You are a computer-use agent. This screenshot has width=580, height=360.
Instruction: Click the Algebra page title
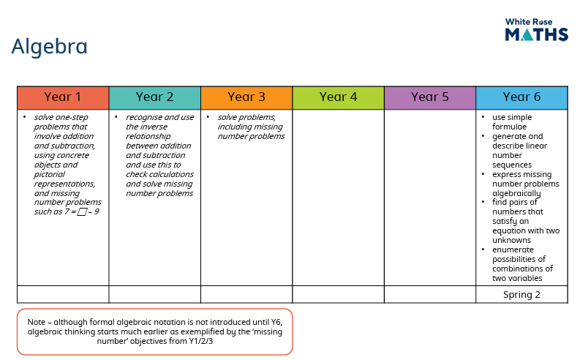click(49, 47)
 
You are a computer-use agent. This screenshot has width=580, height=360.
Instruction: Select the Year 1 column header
click(63, 97)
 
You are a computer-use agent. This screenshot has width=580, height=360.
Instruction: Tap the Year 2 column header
click(154, 97)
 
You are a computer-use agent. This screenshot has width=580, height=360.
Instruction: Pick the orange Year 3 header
click(246, 97)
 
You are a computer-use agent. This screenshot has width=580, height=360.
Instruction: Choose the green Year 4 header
click(338, 97)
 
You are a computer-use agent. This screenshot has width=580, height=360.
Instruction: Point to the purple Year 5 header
click(430, 97)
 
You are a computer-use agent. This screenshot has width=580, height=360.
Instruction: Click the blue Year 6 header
click(521, 97)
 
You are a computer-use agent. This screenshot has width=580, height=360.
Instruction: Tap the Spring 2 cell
click(521, 294)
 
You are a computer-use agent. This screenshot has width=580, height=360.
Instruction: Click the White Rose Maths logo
click(536, 29)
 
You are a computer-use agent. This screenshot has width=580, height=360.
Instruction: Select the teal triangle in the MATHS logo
click(527, 35)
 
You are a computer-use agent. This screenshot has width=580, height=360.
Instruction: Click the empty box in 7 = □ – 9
click(82, 212)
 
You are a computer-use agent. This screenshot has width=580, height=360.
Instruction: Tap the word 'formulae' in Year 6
click(509, 127)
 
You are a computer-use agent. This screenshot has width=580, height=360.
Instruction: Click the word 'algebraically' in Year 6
click(516, 193)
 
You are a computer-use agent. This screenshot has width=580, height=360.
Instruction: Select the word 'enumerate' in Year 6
click(513, 250)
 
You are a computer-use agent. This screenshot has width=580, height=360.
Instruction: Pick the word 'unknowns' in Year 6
click(511, 240)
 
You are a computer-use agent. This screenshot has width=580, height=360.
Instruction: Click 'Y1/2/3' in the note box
click(201, 341)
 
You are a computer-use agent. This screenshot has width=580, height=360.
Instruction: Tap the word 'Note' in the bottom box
click(37, 322)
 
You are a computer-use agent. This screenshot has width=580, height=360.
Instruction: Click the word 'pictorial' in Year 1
click(50, 174)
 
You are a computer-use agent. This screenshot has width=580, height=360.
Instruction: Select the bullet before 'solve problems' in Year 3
click(208, 117)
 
